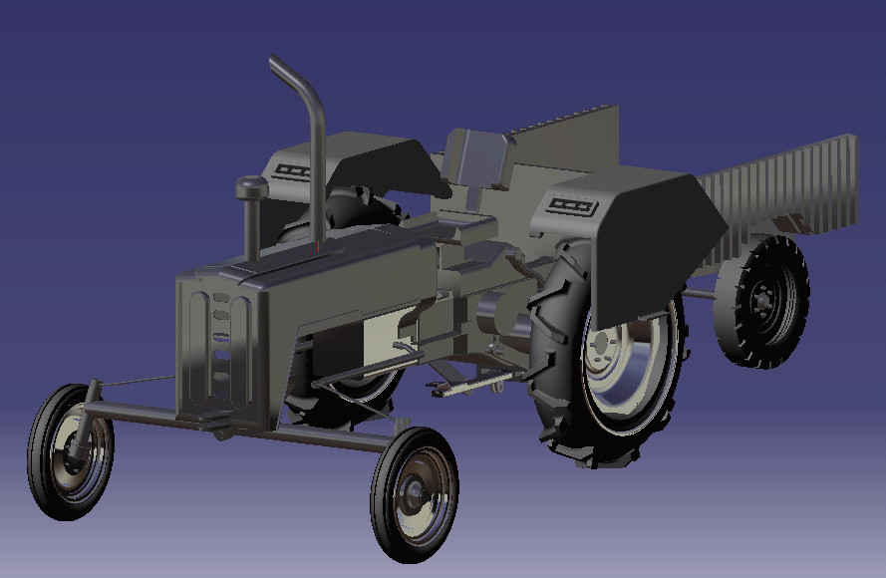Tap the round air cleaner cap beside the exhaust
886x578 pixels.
(x=252, y=186)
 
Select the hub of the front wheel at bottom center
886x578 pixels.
(x=414, y=491)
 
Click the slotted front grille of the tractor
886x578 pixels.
(x=219, y=344)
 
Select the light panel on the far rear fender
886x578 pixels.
(x=293, y=170)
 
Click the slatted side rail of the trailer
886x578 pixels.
(x=787, y=184)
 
